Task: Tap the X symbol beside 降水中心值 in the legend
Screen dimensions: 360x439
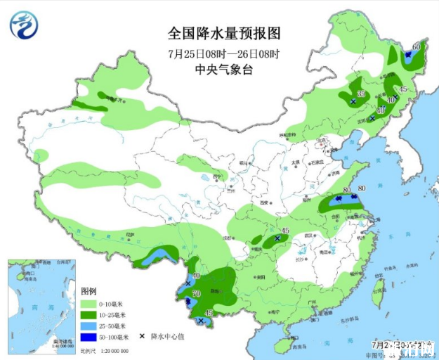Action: click(x=143, y=337)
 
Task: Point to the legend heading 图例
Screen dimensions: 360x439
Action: click(x=89, y=290)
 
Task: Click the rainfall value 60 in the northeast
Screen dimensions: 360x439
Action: click(x=416, y=46)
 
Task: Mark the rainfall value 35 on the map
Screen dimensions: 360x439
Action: click(x=361, y=94)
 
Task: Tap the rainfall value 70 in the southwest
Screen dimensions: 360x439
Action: click(x=196, y=293)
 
